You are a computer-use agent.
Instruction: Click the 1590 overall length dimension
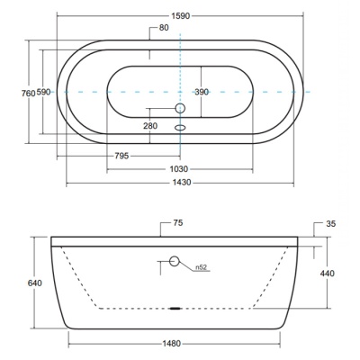point(181,15)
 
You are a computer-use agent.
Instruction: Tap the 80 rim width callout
point(164,28)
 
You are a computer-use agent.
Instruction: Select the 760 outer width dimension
point(29,93)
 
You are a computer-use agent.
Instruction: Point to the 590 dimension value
point(43,93)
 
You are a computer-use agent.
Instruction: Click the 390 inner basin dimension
point(202,92)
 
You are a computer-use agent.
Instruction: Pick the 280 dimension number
point(150,126)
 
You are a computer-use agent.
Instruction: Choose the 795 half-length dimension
point(121,156)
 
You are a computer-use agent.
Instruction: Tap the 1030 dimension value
point(179,169)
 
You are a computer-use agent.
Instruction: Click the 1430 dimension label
point(182,183)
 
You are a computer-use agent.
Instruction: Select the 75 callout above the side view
point(178,223)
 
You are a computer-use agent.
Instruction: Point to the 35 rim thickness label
point(330,224)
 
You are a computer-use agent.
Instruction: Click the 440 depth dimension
point(328,274)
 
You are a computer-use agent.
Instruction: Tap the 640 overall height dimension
point(35,283)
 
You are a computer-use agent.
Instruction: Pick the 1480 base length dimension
point(172,343)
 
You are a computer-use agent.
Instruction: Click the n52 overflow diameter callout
point(202,267)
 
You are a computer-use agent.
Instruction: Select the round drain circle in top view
point(180,108)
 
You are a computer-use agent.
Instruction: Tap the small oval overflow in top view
point(180,128)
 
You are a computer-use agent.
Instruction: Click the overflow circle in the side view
point(175,261)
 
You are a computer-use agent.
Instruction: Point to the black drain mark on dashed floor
point(175,308)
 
